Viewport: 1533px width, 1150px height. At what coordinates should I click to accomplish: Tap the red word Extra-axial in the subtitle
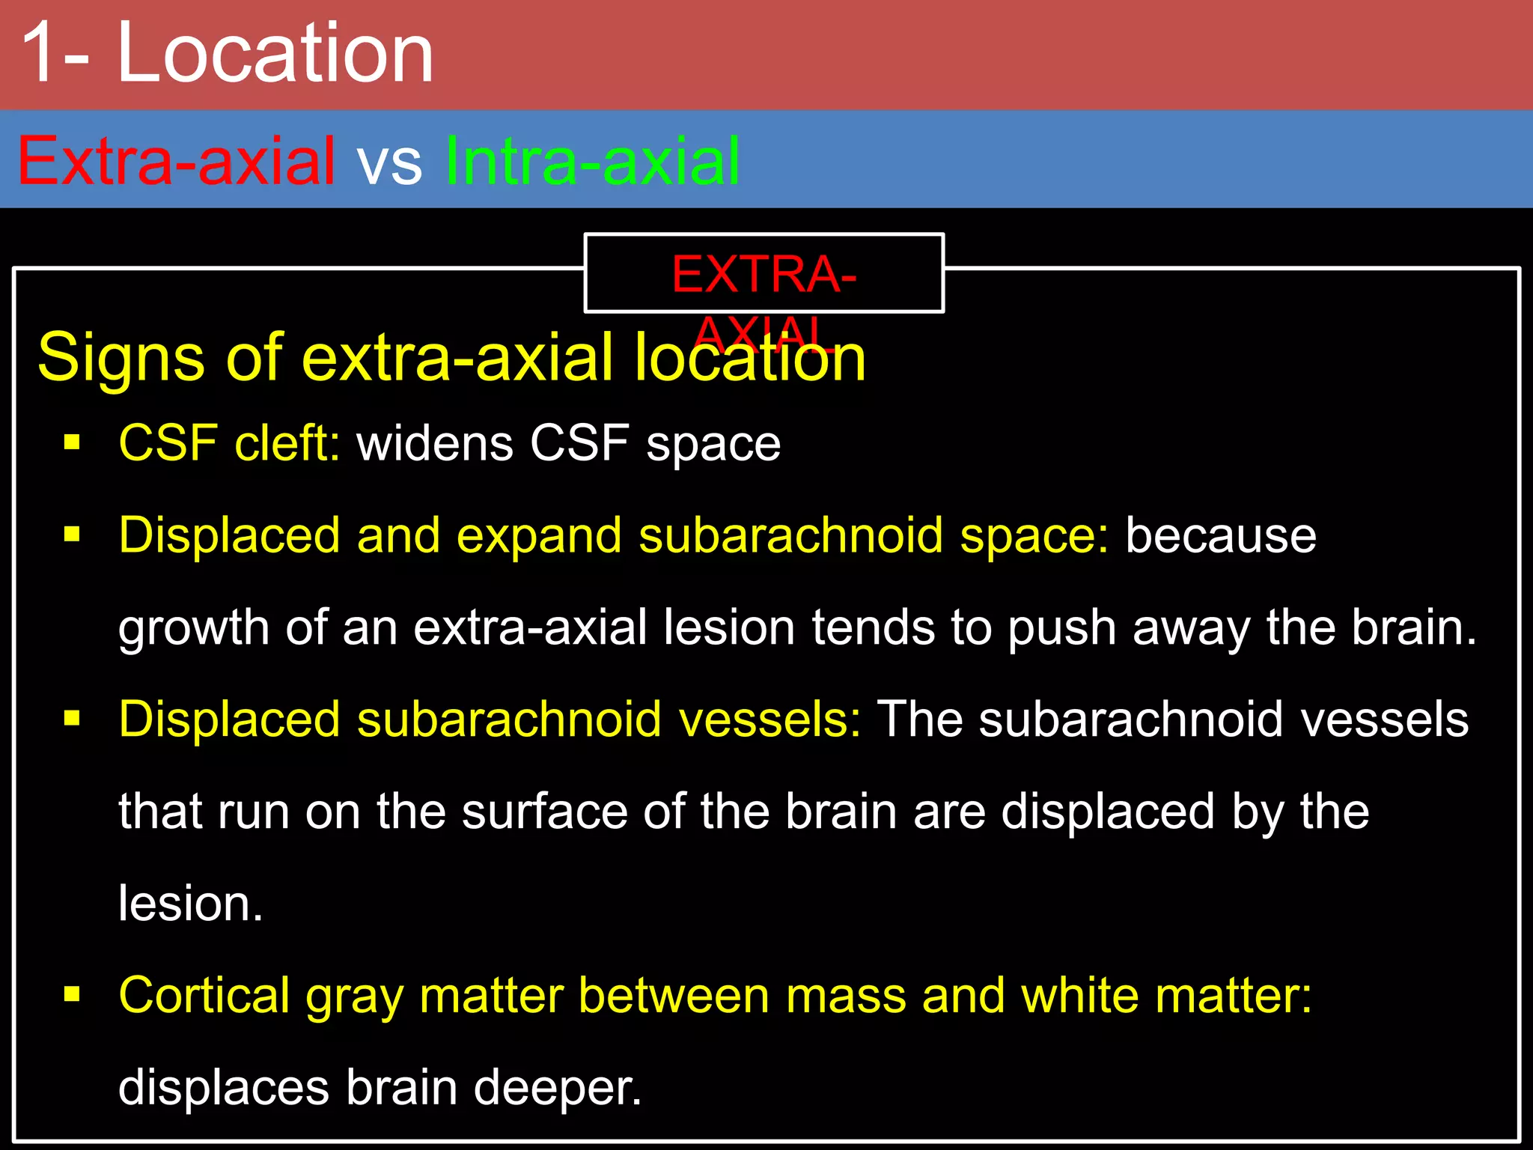pos(176,160)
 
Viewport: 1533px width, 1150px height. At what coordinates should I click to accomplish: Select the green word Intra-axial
pos(592,160)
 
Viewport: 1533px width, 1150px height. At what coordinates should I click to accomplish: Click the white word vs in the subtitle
pos(389,163)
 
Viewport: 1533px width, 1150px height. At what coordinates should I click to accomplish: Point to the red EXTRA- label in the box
pos(764,274)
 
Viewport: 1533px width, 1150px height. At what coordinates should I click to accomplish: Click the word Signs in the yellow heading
pos(121,358)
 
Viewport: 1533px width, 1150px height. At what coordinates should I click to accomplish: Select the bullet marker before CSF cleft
pos(72,442)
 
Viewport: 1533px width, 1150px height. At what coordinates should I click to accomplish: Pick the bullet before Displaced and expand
pos(72,535)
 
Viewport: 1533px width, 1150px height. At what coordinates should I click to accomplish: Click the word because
pos(1221,535)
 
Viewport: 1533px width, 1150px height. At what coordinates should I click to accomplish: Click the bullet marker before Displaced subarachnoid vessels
pos(72,719)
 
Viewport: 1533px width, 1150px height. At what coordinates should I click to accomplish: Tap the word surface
pos(544,812)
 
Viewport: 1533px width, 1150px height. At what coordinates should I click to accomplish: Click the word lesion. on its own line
pos(191,904)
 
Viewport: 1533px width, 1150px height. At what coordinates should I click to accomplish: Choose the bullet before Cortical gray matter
pos(72,994)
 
